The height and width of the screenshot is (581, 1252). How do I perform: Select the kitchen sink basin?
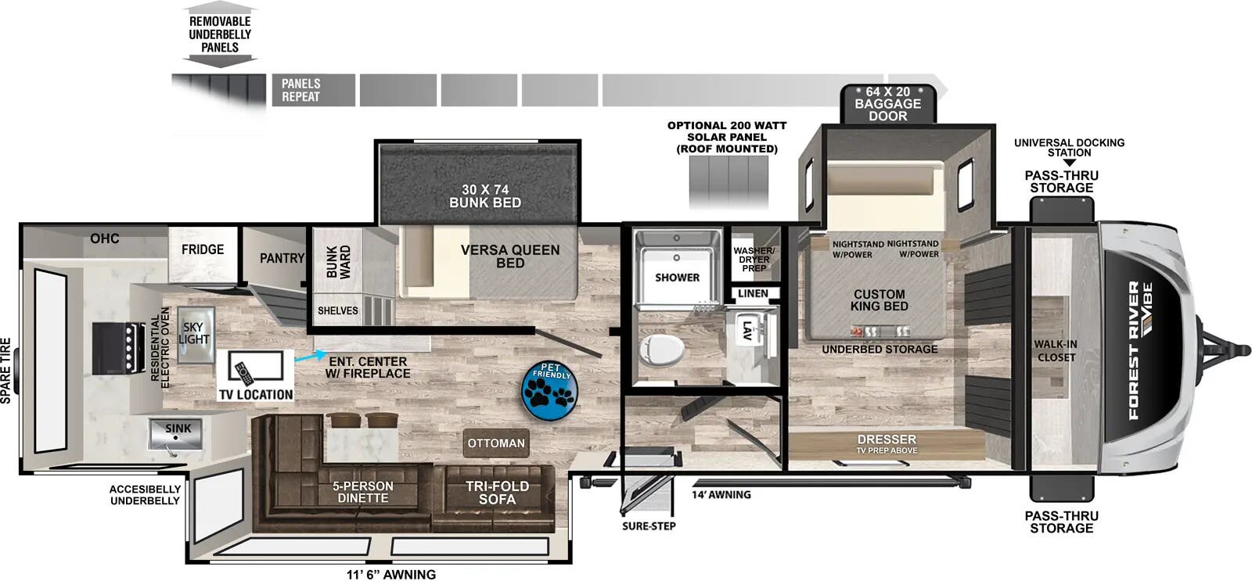[x=178, y=435]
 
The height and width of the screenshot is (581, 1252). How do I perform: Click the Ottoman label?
[x=496, y=443]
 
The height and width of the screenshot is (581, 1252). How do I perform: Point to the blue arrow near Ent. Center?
[x=308, y=357]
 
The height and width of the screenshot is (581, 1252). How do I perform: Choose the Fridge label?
[x=203, y=249]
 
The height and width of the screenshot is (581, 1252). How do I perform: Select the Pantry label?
[x=282, y=258]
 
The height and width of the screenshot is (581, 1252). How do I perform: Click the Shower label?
[x=677, y=278]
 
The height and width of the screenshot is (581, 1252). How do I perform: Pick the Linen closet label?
[x=753, y=294]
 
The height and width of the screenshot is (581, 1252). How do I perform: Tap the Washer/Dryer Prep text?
[x=754, y=260]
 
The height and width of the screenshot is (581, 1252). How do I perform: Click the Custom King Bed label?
[x=879, y=300]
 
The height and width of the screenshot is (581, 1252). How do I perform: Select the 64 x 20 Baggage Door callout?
[x=887, y=103]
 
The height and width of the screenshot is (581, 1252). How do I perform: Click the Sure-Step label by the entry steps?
[x=649, y=525]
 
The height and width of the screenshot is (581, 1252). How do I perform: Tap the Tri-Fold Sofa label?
[x=497, y=493]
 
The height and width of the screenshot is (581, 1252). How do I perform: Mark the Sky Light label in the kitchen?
[x=193, y=333]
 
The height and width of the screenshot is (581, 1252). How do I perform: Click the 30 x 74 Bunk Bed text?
[x=485, y=195]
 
